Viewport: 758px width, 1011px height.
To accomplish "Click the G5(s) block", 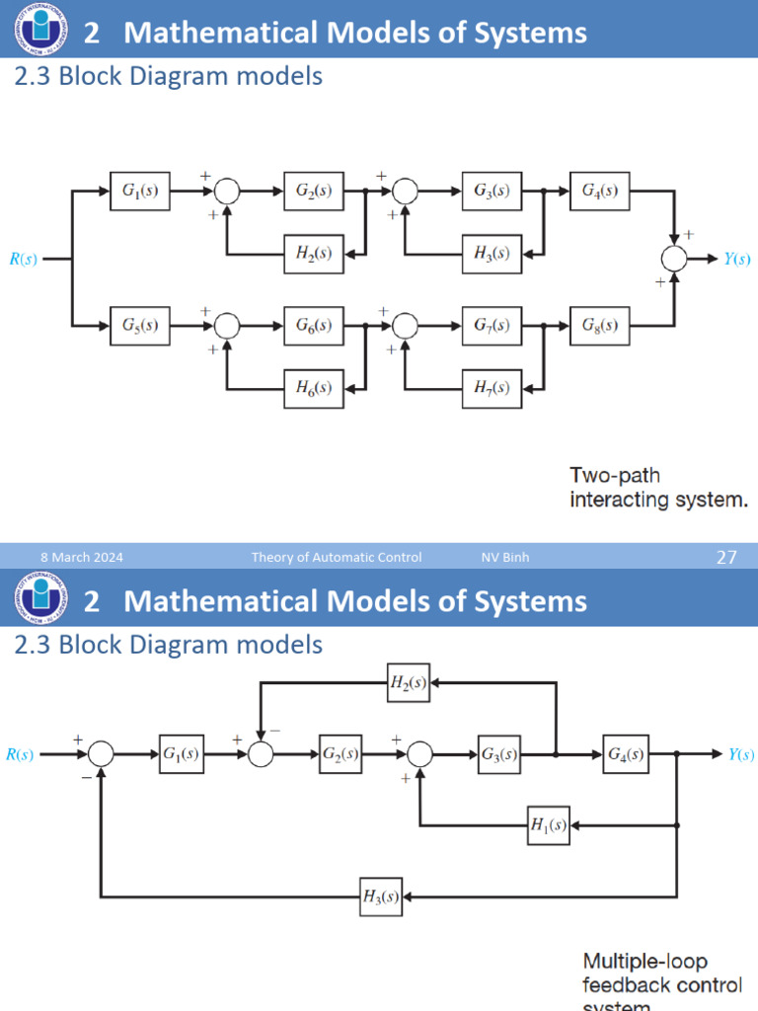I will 140,325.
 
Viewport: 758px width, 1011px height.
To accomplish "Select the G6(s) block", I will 314,325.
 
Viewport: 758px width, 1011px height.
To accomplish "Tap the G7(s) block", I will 492,325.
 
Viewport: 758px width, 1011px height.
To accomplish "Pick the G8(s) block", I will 600,325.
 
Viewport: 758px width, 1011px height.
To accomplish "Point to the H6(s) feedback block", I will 314,388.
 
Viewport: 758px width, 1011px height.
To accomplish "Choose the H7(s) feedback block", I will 492,388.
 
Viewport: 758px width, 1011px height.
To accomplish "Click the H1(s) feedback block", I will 548,825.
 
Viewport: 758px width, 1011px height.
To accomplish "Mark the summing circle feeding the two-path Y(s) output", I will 675,259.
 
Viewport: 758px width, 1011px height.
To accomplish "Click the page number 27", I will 726,558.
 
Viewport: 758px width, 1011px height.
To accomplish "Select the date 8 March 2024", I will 82,558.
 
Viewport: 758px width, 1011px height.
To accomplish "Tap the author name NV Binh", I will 505,558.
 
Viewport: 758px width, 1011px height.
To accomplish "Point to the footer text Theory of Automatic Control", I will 337,558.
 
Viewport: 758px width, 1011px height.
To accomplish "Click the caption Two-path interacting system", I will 658,488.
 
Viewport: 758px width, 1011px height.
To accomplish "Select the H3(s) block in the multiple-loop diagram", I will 380,896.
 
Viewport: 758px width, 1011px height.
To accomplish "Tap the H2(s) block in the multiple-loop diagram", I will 408,682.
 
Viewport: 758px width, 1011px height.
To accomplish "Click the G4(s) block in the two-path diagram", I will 600,192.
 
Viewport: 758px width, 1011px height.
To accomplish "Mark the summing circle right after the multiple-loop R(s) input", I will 101,755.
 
